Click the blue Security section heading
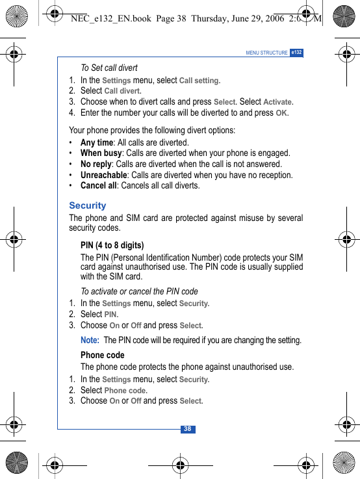pos(87,205)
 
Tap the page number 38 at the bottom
pos(187,429)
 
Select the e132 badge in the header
pos(296,52)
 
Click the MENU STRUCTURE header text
pos(266,53)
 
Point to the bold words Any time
pos(97,142)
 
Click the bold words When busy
pos(101,153)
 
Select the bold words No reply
pos(96,164)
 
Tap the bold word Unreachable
pos(103,175)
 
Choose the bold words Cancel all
pos(98,185)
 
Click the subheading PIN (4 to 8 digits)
pos(112,245)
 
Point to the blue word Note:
pos(90,340)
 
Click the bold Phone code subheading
pos(103,355)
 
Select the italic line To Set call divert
pos(109,68)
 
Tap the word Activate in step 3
pos(277,102)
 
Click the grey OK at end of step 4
pos(281,113)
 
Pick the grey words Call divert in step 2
pos(122,91)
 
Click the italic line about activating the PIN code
pos(139,291)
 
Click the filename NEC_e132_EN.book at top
pos(110,18)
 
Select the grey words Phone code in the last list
pos(125,391)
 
